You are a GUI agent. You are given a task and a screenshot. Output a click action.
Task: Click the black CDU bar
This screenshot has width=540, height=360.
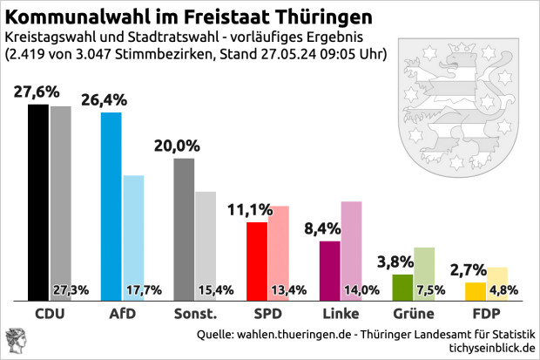point(37,200)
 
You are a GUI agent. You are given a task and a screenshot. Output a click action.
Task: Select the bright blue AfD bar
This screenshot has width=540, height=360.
point(111,205)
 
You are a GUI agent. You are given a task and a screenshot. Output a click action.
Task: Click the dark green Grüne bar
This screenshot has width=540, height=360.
point(402,287)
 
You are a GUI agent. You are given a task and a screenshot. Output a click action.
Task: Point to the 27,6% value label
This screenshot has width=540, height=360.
point(37,92)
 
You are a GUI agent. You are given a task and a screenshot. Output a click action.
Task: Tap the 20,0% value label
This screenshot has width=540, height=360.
point(177,146)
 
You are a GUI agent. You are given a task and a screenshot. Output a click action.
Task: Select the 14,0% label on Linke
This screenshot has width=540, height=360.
point(361,290)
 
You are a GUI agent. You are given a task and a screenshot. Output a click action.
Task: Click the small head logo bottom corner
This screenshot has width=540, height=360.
point(17,340)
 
